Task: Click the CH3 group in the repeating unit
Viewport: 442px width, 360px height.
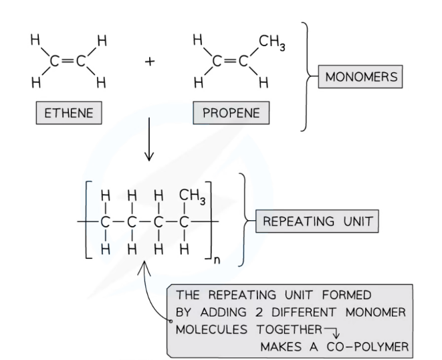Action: [x=193, y=197]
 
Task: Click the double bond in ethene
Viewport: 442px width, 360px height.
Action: [x=68, y=63]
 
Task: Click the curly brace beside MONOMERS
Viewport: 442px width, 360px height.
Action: [x=310, y=77]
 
